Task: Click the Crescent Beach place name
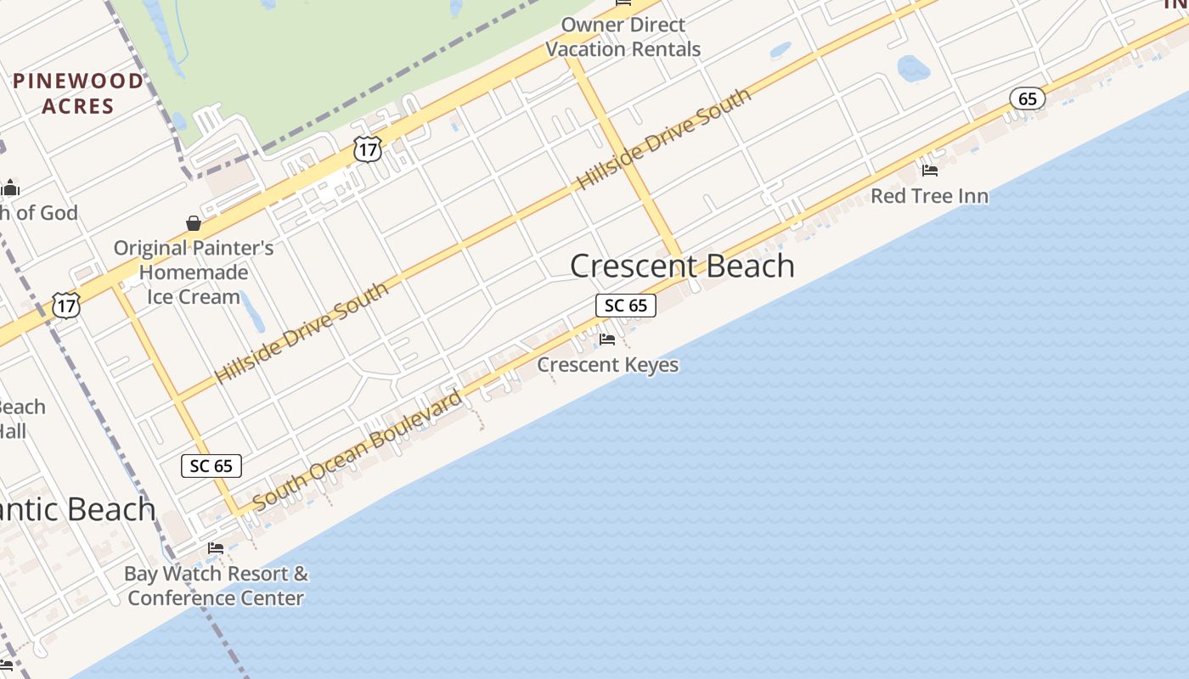click(682, 266)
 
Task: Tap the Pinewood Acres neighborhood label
click(78, 93)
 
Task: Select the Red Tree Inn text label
click(929, 196)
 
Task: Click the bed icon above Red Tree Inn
click(930, 170)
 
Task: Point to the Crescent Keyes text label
click(608, 365)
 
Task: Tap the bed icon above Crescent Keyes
click(607, 339)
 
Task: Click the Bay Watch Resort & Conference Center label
click(216, 586)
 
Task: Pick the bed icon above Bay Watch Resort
click(216, 547)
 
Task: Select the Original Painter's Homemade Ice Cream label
click(194, 272)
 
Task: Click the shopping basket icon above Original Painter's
click(194, 223)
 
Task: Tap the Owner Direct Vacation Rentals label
click(623, 37)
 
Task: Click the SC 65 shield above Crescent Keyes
click(626, 306)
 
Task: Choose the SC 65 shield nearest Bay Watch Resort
click(211, 466)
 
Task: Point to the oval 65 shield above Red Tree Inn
click(1027, 99)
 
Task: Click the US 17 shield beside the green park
click(368, 150)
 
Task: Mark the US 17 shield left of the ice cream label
click(66, 305)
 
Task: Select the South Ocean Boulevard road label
click(358, 450)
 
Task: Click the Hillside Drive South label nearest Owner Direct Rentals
click(663, 138)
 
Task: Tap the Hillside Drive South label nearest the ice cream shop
click(301, 332)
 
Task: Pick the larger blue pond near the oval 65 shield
click(914, 68)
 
